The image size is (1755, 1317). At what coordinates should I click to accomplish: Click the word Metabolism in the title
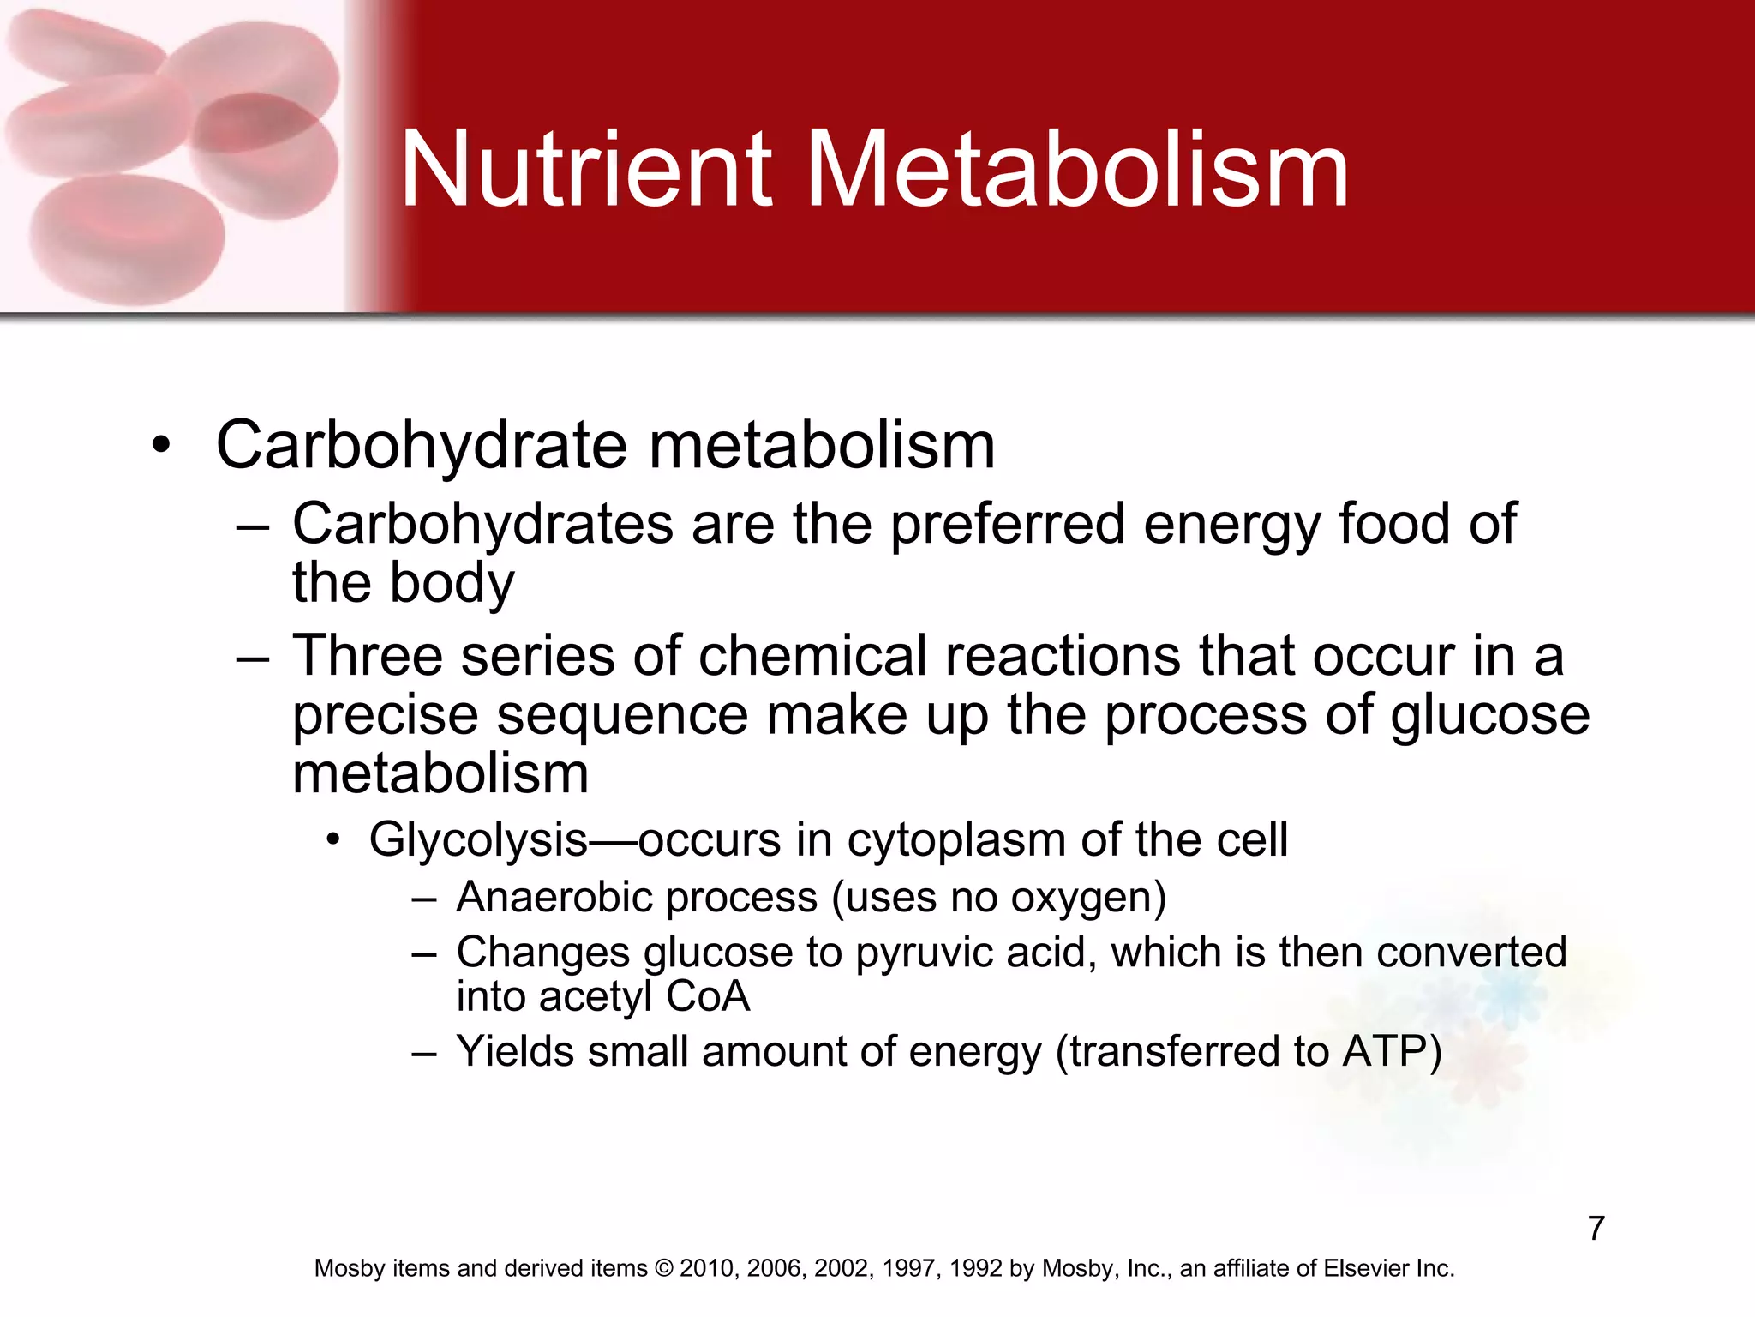(1078, 169)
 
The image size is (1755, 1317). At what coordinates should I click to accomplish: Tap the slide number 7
(1596, 1228)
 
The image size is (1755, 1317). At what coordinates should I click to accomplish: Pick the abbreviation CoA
(708, 996)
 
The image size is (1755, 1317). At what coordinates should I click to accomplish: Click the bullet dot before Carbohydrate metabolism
(160, 446)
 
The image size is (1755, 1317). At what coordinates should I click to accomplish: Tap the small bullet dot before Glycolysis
(333, 839)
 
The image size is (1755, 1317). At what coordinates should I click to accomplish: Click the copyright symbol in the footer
(664, 1268)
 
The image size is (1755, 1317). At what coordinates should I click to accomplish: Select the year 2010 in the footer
(710, 1268)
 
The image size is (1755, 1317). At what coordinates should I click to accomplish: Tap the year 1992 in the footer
(979, 1268)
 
